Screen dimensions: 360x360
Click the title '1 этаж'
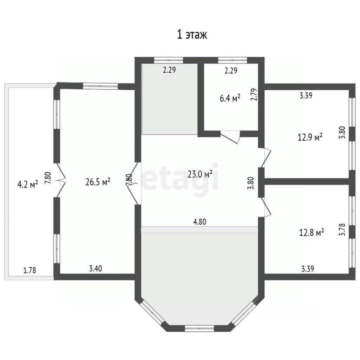(x=192, y=34)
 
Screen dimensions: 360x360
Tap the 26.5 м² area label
(x=98, y=182)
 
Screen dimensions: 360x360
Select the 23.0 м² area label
(x=200, y=174)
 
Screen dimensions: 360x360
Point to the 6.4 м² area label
(x=230, y=98)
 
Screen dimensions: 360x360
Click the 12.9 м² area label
(x=310, y=137)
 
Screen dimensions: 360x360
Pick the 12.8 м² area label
(x=312, y=232)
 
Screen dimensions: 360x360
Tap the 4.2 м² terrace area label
(x=28, y=184)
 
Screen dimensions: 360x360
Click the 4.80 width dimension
(x=200, y=222)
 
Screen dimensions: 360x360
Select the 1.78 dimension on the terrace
(x=30, y=270)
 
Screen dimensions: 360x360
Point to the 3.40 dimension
(x=96, y=268)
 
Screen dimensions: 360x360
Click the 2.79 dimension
(x=254, y=94)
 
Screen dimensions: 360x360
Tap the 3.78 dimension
(x=342, y=229)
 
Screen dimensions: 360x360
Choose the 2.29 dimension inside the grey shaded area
(x=169, y=70)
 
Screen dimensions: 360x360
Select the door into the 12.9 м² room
(x=266, y=158)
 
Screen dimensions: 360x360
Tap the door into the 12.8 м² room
(x=266, y=207)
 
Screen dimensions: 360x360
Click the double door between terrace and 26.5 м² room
(x=60, y=180)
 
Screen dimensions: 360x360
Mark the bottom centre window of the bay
(x=199, y=328)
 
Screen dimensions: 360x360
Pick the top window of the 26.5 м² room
(x=100, y=86)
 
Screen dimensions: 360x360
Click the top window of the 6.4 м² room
(x=232, y=60)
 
